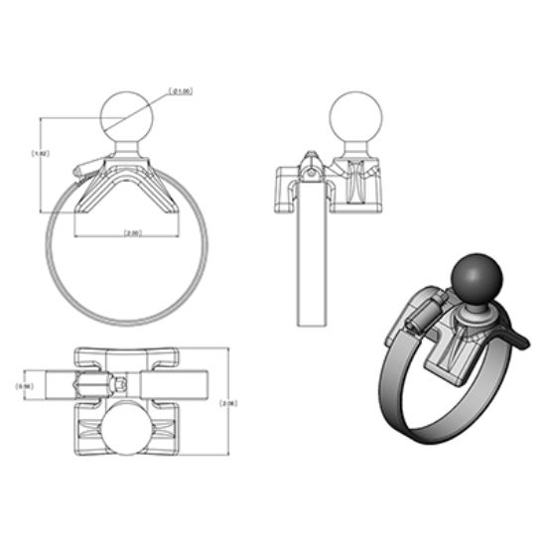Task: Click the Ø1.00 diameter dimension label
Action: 181,91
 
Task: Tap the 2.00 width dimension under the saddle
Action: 132,232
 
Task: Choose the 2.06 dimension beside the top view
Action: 227,403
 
